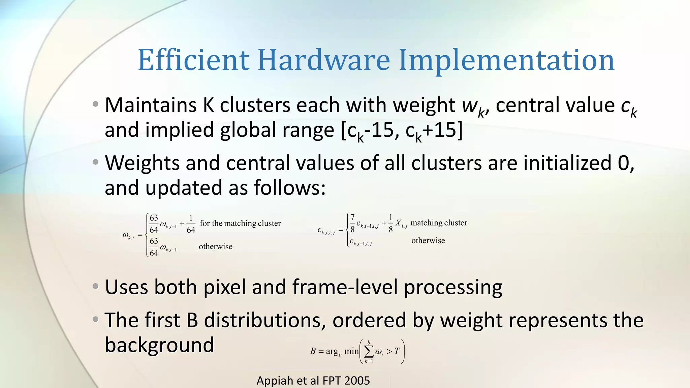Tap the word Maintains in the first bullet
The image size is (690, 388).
(150, 105)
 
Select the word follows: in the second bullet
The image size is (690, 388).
(289, 188)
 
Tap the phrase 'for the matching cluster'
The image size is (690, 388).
(240, 223)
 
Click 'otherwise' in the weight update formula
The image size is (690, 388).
(216, 247)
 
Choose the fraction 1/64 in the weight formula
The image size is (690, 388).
(191, 224)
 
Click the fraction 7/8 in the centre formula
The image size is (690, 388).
(352, 223)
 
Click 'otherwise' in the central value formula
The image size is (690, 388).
(428, 240)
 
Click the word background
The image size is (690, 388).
(159, 345)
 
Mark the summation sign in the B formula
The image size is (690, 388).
(369, 352)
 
